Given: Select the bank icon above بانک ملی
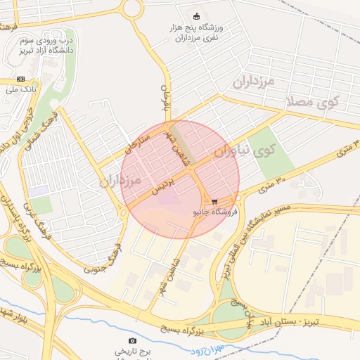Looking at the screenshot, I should (x=20, y=79).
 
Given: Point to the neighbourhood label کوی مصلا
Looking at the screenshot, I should (x=312, y=101).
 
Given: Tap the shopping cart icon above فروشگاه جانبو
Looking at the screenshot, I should (x=214, y=202).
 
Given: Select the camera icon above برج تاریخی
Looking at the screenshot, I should (x=133, y=341).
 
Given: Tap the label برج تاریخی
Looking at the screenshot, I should (x=134, y=351).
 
